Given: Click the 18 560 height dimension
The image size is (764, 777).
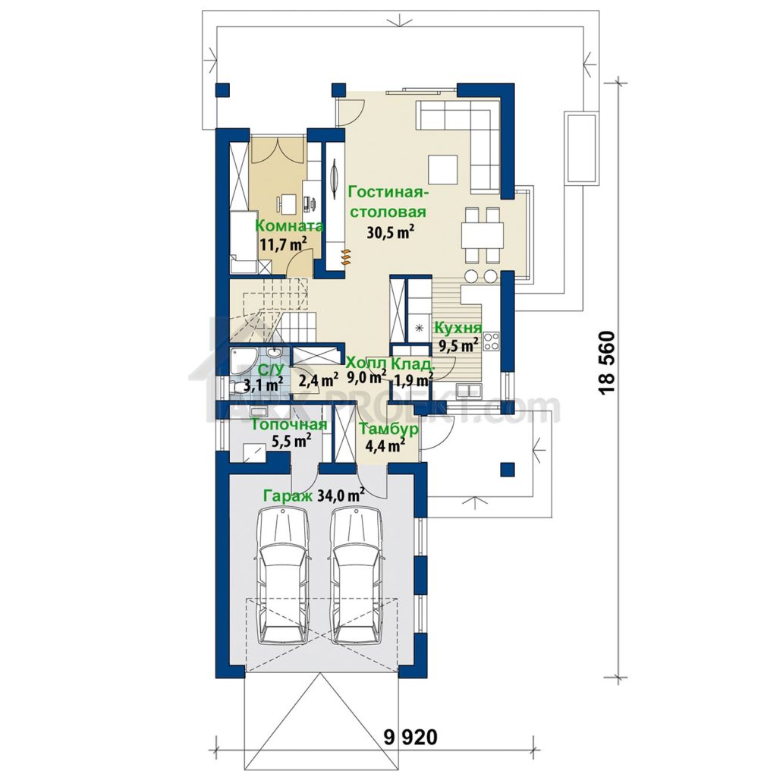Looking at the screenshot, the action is point(608,363).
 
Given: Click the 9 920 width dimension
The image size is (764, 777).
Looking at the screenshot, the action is point(411,738).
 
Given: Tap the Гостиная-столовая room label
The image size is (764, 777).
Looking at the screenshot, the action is point(388,201).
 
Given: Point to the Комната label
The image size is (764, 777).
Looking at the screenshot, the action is point(289,226).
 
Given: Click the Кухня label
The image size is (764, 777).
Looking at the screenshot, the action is point(458,328).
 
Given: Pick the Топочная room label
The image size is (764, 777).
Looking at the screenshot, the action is point(289,425).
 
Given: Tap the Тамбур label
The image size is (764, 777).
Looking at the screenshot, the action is point(388,429).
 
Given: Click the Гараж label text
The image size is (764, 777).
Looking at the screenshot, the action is point(288,496).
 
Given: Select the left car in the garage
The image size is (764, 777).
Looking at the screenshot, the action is point(283,576).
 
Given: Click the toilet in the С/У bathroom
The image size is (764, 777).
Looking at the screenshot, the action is point(241,386).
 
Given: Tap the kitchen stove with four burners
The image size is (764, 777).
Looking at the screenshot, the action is point(491,341).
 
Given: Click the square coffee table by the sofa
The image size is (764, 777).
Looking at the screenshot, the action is point(443,169).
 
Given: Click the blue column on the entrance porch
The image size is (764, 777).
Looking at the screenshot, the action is point(506,469).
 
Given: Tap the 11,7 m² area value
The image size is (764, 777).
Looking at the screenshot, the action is point(284,244).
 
